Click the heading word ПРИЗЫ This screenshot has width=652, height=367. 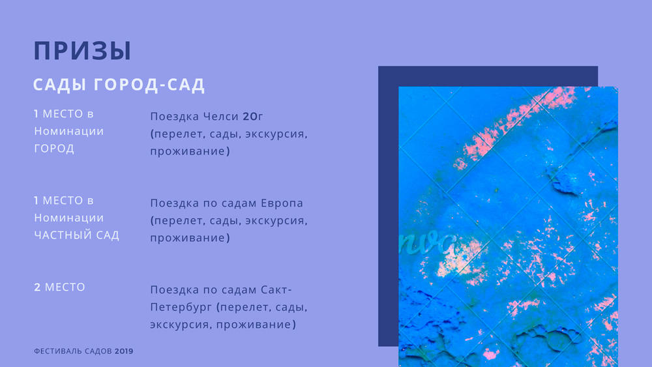click(x=82, y=51)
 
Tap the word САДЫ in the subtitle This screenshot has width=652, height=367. click(x=59, y=85)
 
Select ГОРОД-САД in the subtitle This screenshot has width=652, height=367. click(x=149, y=85)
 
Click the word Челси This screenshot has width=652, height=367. click(x=220, y=117)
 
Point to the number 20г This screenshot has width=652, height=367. click(x=253, y=117)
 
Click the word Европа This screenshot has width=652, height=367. click(x=282, y=203)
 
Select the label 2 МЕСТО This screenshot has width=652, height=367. click(x=59, y=287)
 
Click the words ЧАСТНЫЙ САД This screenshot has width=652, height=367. click(x=76, y=235)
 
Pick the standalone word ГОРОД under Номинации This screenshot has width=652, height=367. click(x=54, y=149)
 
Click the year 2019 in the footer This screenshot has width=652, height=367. click(x=124, y=351)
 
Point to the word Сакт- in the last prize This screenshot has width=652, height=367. click(x=276, y=289)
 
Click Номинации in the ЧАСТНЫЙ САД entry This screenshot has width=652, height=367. click(x=69, y=218)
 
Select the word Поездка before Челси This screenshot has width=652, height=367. click(x=175, y=117)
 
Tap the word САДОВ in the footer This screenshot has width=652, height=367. click(x=98, y=351)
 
